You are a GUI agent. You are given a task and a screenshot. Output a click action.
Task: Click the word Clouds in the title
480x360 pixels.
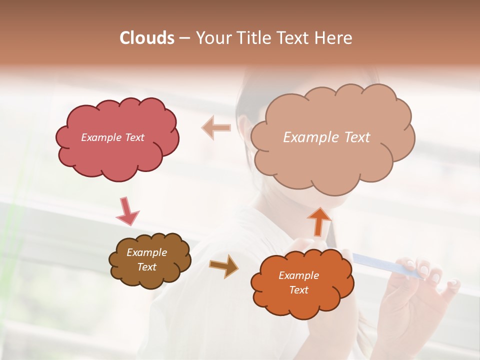click(x=147, y=38)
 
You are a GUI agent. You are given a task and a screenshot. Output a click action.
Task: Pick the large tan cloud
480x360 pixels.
click(x=332, y=160)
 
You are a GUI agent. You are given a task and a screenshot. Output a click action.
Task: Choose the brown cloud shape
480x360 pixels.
click(x=150, y=277)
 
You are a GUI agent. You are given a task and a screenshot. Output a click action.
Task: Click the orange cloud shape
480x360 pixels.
click(x=302, y=302)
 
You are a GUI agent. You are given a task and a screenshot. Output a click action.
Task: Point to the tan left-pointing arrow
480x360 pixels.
click(x=216, y=127)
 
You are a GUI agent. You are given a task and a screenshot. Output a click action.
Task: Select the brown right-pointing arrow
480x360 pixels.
click(x=224, y=265)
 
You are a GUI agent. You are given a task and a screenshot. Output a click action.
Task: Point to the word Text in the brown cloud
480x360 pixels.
click(x=147, y=267)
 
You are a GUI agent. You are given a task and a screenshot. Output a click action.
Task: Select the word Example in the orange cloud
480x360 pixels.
click(x=298, y=275)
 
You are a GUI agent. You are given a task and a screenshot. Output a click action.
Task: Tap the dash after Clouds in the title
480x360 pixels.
click(x=184, y=38)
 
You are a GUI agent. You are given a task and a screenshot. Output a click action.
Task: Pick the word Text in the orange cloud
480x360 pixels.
click(x=298, y=290)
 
